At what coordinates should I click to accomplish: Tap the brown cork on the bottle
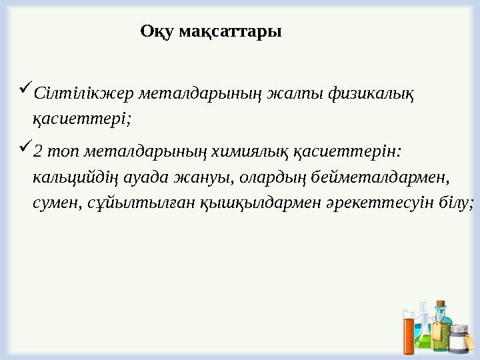[441, 305]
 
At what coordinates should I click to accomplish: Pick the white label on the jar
[459, 343]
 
